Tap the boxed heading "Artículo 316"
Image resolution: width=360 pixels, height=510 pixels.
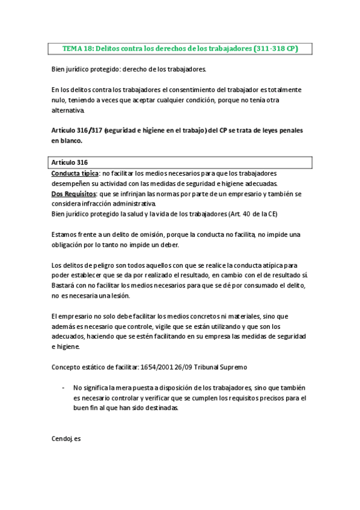70,162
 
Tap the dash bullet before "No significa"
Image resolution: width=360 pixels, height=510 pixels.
64,387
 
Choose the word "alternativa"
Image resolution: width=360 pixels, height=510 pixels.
69,110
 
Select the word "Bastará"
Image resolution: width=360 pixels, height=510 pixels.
63,286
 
